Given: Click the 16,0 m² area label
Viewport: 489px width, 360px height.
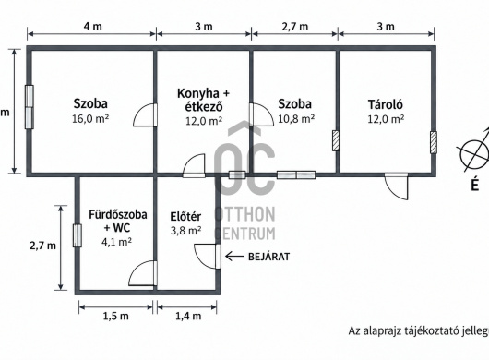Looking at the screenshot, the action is (90, 119).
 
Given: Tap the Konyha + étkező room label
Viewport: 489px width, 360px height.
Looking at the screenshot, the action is (203, 100).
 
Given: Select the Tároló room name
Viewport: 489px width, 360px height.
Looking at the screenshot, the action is (386, 104).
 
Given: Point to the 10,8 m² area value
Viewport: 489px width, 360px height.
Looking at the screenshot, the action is (296, 119).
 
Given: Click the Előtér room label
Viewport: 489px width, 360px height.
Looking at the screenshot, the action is (185, 217).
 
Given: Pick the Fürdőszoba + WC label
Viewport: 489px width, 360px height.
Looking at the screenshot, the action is (118, 222).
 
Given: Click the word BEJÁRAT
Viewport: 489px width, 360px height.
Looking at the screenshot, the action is (268, 257).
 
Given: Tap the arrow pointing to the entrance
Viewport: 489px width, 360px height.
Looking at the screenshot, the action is (234, 257).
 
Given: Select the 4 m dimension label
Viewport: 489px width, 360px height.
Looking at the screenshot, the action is (92, 27).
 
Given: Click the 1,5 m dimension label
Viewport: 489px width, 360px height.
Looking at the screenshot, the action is (115, 317).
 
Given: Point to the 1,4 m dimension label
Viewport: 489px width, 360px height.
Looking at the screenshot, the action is (188, 317).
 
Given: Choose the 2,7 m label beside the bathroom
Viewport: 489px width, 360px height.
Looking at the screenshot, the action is (42, 246).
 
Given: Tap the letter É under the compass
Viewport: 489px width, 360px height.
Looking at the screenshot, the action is (474, 185).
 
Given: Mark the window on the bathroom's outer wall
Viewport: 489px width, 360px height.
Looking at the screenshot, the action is (78, 235).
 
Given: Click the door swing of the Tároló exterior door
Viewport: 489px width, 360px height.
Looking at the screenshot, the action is (397, 186).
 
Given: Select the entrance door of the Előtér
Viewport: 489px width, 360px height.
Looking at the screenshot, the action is (208, 257).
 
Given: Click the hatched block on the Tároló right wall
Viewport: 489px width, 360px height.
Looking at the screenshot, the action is (434, 142).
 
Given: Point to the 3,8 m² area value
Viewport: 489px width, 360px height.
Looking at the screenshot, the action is (185, 231).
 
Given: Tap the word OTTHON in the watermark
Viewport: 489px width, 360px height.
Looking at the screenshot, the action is (245, 214).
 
